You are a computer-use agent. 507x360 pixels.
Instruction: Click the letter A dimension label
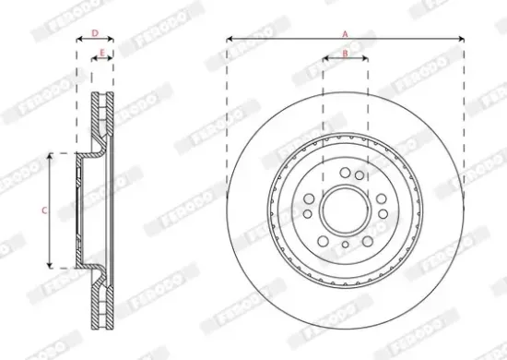click(346, 33)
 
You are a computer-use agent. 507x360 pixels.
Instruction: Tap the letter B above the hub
click(346, 54)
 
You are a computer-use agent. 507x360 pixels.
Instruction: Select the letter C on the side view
click(43, 211)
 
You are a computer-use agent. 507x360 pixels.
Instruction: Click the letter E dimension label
click(101, 54)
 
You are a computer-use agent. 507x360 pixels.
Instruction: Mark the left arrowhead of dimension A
click(229, 40)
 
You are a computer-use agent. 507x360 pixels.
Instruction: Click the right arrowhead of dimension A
click(463, 40)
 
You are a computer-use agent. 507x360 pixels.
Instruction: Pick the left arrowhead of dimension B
click(324, 60)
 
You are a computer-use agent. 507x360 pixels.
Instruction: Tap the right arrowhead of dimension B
click(367, 60)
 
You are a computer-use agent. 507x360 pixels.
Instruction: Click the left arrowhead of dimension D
click(77, 40)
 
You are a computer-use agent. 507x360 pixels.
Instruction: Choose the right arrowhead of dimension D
click(112, 40)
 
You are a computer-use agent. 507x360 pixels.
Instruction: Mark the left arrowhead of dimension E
click(94, 60)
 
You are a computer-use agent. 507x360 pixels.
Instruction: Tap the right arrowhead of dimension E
click(112, 60)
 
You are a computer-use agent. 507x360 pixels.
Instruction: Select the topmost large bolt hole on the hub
click(345, 173)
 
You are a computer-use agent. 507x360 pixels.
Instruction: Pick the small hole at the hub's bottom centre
click(345, 245)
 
